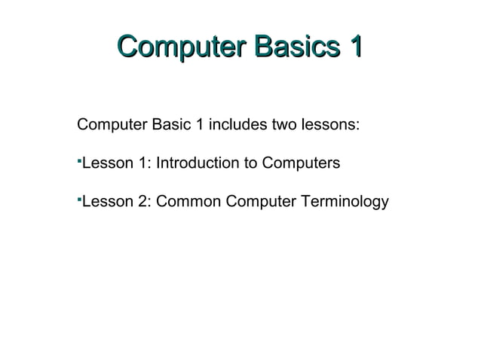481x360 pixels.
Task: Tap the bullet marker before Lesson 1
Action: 78,160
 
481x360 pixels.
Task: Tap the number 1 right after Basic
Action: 199,124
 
